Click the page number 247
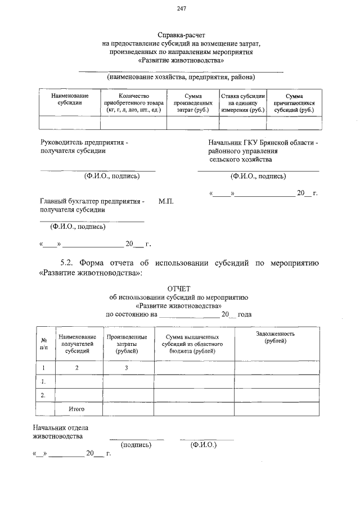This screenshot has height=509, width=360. click(181, 8)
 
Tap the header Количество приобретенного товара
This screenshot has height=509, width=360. click(133, 103)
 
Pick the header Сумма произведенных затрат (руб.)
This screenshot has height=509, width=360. click(193, 103)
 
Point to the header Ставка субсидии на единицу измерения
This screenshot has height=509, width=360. click(242, 103)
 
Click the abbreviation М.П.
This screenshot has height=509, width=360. click(166, 201)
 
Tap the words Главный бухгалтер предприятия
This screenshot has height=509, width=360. click(92, 201)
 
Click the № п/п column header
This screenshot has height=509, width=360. click(43, 343)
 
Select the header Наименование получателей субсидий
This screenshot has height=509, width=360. click(77, 343)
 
